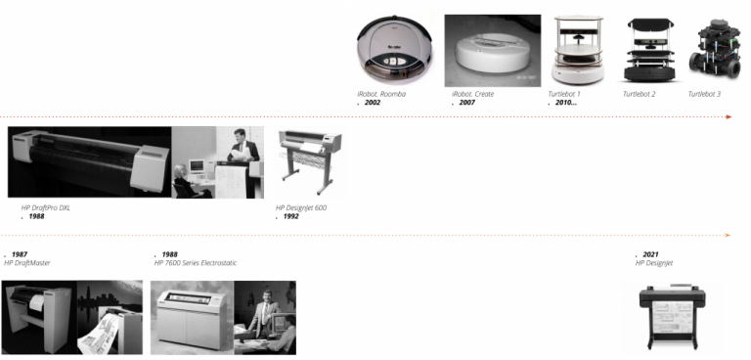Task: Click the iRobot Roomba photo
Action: tap(395, 50)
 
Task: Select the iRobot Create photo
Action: tap(492, 51)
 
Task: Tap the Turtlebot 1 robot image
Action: tap(578, 51)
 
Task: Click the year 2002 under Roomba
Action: tap(372, 103)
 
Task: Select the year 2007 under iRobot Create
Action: tap(466, 103)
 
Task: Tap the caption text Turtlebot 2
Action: tap(640, 94)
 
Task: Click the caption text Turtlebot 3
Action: tap(704, 94)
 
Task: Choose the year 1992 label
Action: tap(290, 216)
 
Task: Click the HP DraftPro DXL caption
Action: tap(46, 207)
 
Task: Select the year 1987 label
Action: tap(19, 254)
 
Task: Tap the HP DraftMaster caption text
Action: tap(26, 263)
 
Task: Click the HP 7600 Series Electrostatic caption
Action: tap(196, 263)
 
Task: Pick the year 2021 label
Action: tap(650, 254)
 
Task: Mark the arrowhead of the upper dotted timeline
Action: tap(729, 116)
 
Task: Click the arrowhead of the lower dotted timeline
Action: tap(728, 236)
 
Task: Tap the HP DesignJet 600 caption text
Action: tap(301, 207)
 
